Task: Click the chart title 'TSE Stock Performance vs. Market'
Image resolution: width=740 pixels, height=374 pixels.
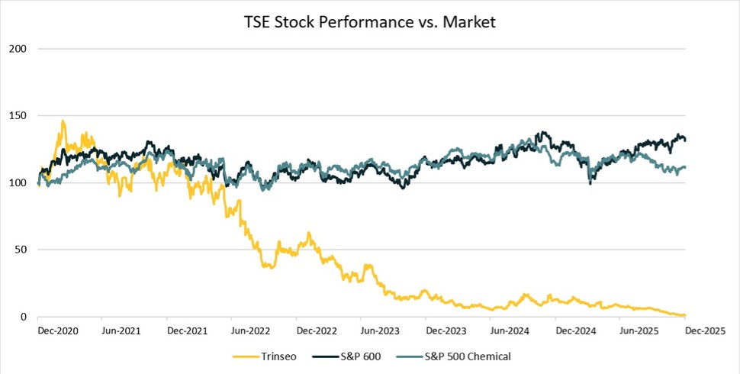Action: coord(370,23)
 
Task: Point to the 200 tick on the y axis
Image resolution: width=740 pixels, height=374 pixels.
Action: coord(21,49)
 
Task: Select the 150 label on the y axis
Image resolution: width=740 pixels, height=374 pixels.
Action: coord(21,116)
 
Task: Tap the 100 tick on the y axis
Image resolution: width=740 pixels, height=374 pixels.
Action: coord(21,183)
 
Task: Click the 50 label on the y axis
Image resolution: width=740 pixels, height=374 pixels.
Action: coord(23,250)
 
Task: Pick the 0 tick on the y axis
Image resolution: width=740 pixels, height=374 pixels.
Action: coord(26,317)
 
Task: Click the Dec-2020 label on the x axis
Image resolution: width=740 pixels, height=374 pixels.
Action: coord(57,331)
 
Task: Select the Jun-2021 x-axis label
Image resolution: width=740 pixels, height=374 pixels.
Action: coord(122,331)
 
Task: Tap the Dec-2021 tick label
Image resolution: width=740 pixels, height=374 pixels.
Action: coord(188,331)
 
